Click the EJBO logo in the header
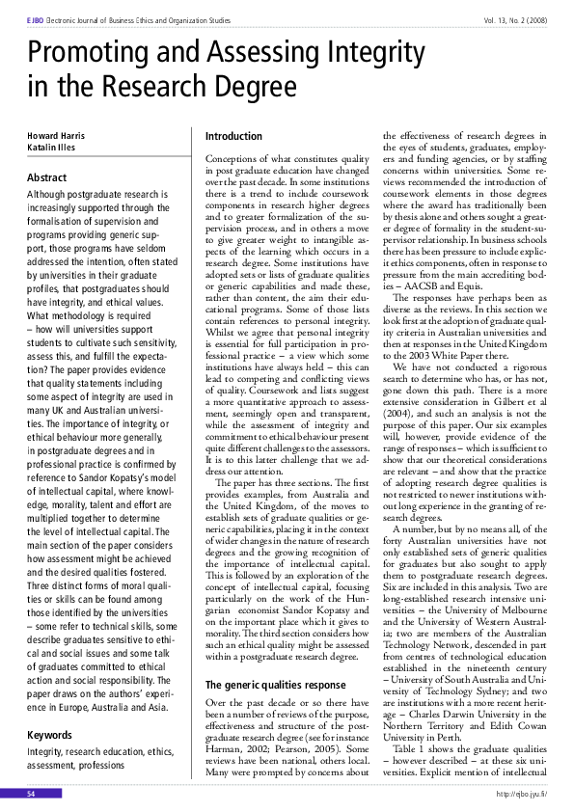(x=38, y=18)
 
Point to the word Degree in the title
(x=236, y=90)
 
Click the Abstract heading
(x=47, y=177)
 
